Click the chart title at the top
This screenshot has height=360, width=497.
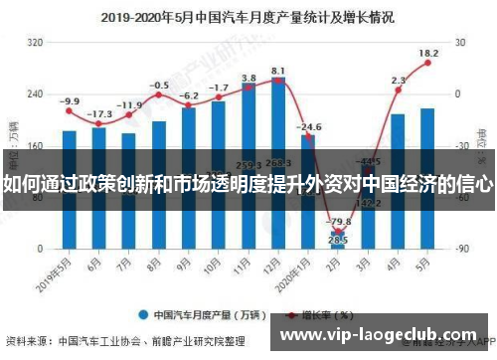[x=248, y=17]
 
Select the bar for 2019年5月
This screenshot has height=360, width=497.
[x=69, y=188]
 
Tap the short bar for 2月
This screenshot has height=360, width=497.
[x=338, y=238]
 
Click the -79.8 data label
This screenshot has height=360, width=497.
[x=339, y=221]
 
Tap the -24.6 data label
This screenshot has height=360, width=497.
[x=310, y=127]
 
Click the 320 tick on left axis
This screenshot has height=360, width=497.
[x=35, y=43]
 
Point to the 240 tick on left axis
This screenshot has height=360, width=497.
[x=35, y=94]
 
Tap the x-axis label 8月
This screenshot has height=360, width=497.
[x=156, y=266]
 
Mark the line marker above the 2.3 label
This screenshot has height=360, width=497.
[x=398, y=90]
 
